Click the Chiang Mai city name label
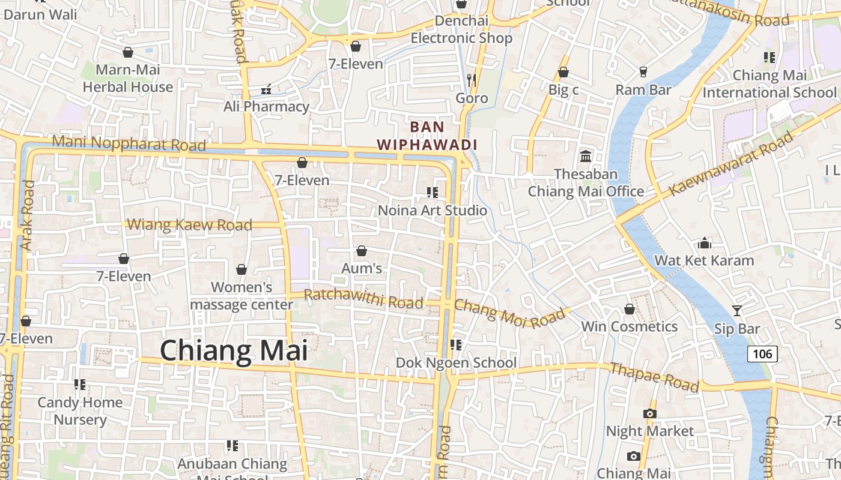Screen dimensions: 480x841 click(x=234, y=350)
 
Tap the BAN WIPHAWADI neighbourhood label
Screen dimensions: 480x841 click(x=427, y=136)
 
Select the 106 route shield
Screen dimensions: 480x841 click(x=762, y=353)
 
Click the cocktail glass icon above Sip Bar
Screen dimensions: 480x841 click(x=737, y=310)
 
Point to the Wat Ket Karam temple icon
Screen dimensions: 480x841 click(x=705, y=243)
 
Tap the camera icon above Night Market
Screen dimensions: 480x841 click(x=649, y=413)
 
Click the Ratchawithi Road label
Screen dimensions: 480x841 click(x=363, y=299)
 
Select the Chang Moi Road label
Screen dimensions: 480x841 click(x=509, y=313)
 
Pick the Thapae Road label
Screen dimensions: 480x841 click(x=654, y=377)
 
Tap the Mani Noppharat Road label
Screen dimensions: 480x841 click(x=129, y=143)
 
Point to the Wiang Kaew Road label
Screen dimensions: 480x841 click(x=189, y=225)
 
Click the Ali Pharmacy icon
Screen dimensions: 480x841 click(x=266, y=90)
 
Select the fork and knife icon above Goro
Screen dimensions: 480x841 click(x=472, y=80)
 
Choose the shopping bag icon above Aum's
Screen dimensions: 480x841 click(x=362, y=251)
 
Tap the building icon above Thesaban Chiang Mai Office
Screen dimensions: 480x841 click(x=586, y=157)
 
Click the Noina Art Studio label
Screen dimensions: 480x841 click(x=432, y=211)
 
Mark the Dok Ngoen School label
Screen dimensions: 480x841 click(x=456, y=362)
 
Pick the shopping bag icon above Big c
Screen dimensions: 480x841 click(x=563, y=73)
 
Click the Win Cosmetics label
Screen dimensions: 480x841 click(x=629, y=326)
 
